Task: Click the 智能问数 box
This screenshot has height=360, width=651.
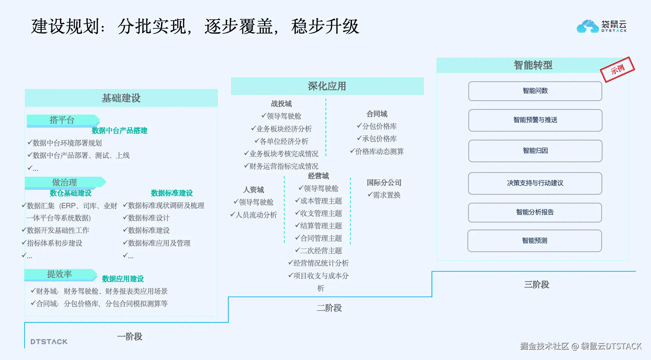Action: (x=535, y=91)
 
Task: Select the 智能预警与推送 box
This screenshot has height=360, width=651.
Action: (x=535, y=120)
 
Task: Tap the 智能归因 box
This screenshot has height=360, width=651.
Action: (x=535, y=151)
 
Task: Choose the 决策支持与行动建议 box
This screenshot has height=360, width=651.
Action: (x=535, y=183)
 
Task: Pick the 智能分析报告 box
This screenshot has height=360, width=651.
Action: (x=535, y=212)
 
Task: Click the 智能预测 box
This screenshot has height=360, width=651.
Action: (x=535, y=241)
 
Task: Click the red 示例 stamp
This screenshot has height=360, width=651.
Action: (x=617, y=69)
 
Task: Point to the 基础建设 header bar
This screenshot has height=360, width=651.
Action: (x=121, y=98)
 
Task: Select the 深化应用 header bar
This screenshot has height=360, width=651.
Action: (x=327, y=86)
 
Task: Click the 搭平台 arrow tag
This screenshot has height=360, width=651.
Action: (x=62, y=120)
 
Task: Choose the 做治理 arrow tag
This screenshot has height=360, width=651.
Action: (x=65, y=182)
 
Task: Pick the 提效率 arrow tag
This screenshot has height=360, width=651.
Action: (x=60, y=274)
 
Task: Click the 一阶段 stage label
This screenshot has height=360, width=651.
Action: (x=130, y=336)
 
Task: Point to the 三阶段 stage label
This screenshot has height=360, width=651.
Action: (x=537, y=284)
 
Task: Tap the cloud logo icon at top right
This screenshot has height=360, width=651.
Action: (x=588, y=26)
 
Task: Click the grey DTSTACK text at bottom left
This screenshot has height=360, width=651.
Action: (x=49, y=342)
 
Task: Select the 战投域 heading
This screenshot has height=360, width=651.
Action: (x=281, y=104)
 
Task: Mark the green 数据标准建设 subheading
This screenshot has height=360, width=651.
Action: (x=172, y=193)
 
